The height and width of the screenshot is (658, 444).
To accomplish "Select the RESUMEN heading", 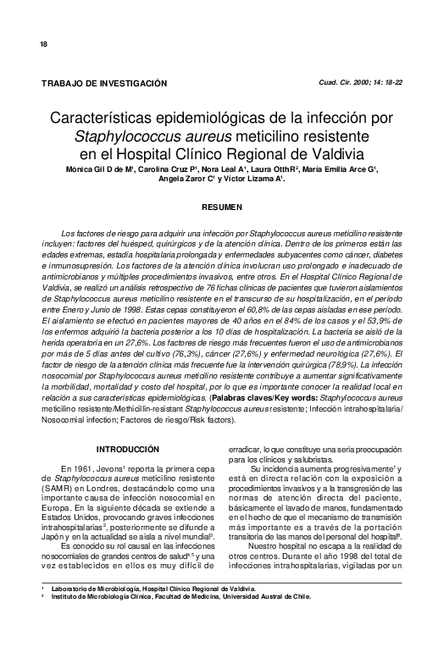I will [222, 207].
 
